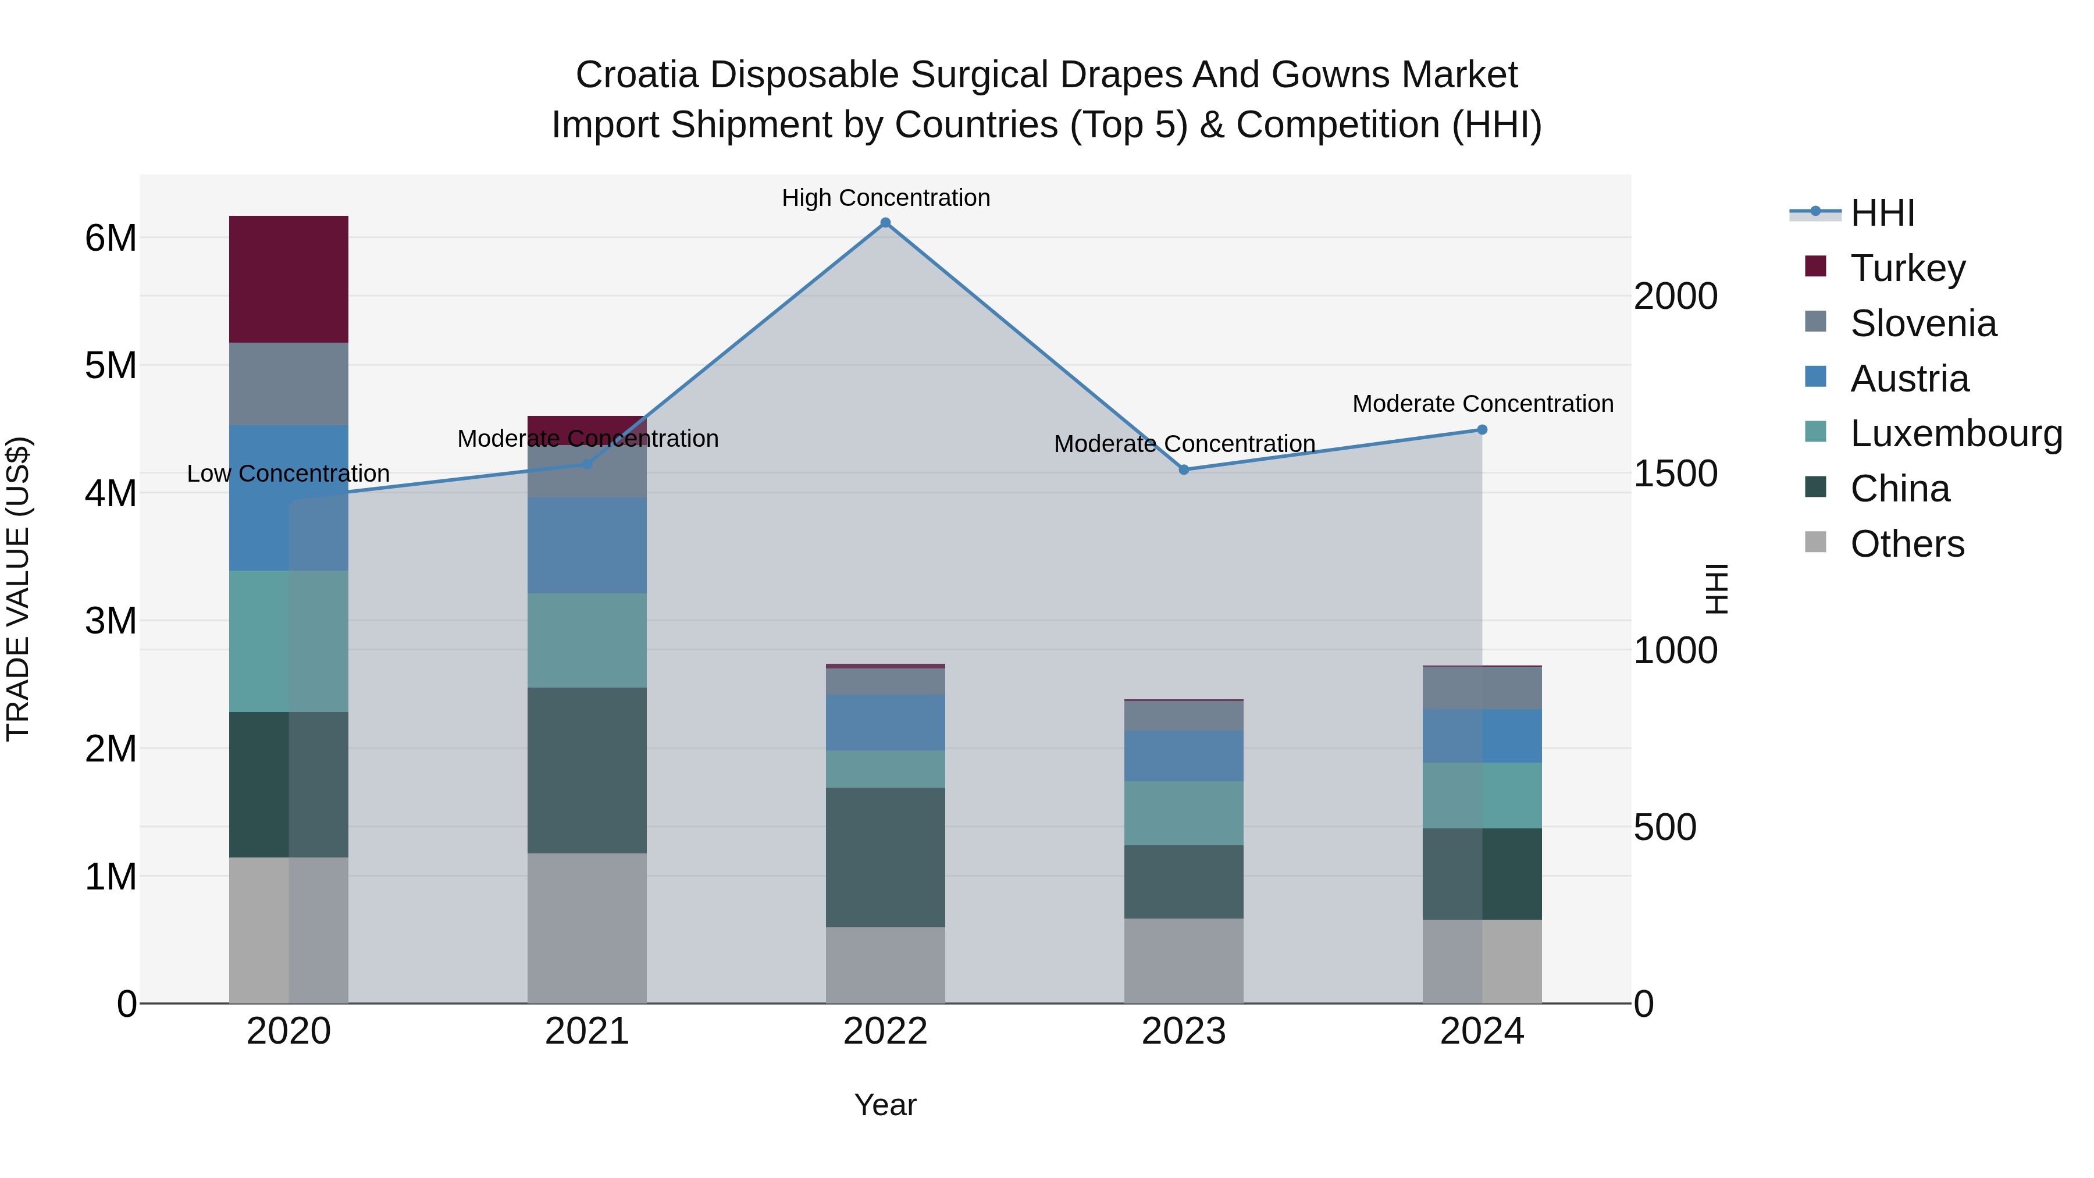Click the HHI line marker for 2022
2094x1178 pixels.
[885, 223]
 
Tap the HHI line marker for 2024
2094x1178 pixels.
[1482, 429]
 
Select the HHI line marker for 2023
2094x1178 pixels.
[1184, 470]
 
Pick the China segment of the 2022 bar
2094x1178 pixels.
[885, 857]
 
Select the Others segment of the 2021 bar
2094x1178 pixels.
[587, 928]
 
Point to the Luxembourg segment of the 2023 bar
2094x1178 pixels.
[1184, 813]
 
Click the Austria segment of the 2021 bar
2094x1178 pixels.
[587, 546]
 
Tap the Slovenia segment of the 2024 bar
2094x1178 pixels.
[1482, 688]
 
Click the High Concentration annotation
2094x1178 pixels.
[885, 198]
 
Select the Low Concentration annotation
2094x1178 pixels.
[288, 474]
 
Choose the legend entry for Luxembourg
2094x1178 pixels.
[1955, 433]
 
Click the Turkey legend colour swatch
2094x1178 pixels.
[1815, 266]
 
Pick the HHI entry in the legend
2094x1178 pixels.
[1882, 213]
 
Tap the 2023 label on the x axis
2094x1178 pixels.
[1184, 1031]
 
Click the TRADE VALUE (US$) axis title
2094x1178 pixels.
[18, 589]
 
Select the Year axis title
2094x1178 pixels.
[885, 1105]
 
